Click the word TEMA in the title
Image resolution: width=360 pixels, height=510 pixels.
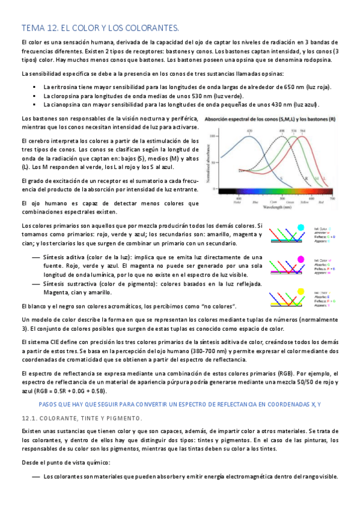(31, 28)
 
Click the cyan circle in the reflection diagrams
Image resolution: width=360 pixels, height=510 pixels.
(301, 227)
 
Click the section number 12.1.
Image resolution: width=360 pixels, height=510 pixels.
(29, 418)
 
